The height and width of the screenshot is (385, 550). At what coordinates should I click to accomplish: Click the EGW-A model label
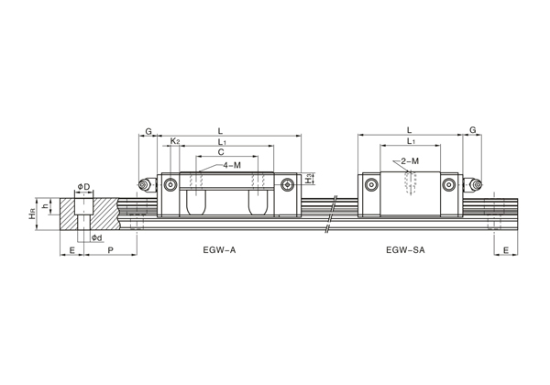pyautogui.click(x=219, y=250)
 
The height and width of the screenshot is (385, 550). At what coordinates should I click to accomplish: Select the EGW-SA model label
pyautogui.click(x=405, y=250)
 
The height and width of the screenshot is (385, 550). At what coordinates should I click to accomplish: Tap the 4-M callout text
pyautogui.click(x=232, y=165)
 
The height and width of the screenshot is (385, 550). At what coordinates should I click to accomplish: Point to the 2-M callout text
pyautogui.click(x=410, y=161)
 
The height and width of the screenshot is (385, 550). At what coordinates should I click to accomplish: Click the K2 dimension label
pyautogui.click(x=175, y=141)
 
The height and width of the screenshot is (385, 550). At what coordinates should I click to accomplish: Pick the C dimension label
pyautogui.click(x=221, y=152)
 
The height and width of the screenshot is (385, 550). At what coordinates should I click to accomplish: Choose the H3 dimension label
pyautogui.click(x=308, y=178)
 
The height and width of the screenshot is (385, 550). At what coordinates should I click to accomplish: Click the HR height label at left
pyautogui.click(x=33, y=214)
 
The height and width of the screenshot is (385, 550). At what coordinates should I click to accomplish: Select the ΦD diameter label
pyautogui.click(x=83, y=186)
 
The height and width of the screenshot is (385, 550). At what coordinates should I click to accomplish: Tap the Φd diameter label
pyautogui.click(x=97, y=238)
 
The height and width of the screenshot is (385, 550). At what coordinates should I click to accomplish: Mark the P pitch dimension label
pyautogui.click(x=111, y=250)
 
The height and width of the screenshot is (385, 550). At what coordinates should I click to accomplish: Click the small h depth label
pyautogui.click(x=45, y=206)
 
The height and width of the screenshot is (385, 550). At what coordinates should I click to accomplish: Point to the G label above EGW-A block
pyautogui.click(x=148, y=131)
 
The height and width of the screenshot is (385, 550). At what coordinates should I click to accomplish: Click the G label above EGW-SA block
pyautogui.click(x=473, y=130)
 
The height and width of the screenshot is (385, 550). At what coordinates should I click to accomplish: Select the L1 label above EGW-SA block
pyautogui.click(x=411, y=141)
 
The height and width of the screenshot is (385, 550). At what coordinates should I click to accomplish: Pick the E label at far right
pyautogui.click(x=506, y=250)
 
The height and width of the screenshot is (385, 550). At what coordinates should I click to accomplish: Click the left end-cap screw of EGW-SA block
pyautogui.click(x=371, y=185)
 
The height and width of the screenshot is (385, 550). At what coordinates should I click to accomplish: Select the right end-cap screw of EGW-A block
pyautogui.click(x=287, y=185)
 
